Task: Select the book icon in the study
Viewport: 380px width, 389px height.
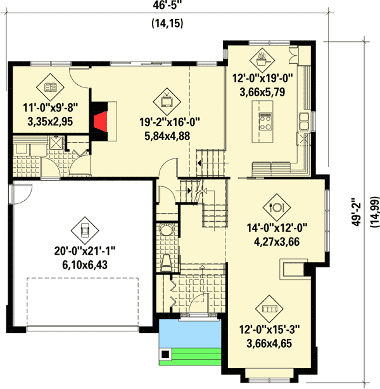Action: (49, 86)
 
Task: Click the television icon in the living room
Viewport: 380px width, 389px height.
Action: (167, 98)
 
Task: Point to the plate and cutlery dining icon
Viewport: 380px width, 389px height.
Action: (275, 206)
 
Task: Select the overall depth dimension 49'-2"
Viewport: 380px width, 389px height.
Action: (358, 212)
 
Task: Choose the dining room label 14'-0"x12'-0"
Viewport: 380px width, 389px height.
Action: (277, 229)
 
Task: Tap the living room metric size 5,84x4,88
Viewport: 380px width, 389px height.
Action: (167, 135)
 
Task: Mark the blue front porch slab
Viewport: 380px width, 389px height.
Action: (189, 333)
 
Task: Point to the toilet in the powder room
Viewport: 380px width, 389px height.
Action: (166, 260)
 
